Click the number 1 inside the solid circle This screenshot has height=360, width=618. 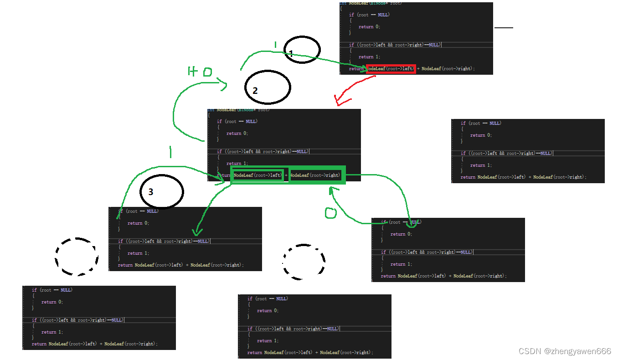291,54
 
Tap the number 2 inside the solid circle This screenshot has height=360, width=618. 255,91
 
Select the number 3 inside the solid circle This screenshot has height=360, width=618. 151,192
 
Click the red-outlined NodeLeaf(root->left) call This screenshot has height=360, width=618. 391,69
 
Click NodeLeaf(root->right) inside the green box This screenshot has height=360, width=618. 315,175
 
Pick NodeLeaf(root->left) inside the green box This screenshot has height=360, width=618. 258,175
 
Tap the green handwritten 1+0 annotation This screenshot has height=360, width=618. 200,72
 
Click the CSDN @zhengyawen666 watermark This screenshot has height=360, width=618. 565,351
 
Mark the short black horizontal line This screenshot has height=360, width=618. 504,28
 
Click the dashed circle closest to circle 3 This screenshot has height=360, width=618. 77,257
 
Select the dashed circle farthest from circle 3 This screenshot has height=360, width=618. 304,262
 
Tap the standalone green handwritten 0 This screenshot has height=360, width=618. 330,213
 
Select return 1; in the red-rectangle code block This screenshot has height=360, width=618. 369,57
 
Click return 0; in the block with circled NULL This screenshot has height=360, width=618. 401,234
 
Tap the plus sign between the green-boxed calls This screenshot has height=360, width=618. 286,175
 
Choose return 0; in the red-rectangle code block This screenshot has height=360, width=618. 369,27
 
